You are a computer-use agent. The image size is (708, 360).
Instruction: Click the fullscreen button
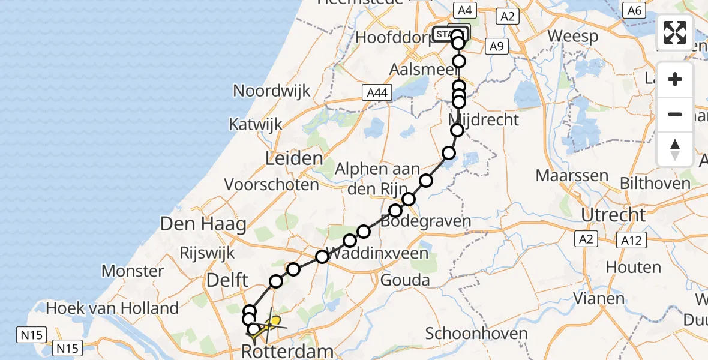point(675,32)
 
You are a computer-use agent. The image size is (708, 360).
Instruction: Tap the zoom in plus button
point(675,79)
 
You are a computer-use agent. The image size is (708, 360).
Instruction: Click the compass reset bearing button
point(675,149)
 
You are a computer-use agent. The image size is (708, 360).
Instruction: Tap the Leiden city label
point(295,159)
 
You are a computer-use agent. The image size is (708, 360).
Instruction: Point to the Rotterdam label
point(287,352)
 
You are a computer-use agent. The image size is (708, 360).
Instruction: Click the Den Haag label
point(203,225)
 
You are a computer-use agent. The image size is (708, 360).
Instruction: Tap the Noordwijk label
point(272,91)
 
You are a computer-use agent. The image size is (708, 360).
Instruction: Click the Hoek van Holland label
point(113,308)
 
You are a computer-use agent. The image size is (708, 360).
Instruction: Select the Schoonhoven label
point(477,333)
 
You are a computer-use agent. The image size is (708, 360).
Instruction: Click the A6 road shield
point(634,10)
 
